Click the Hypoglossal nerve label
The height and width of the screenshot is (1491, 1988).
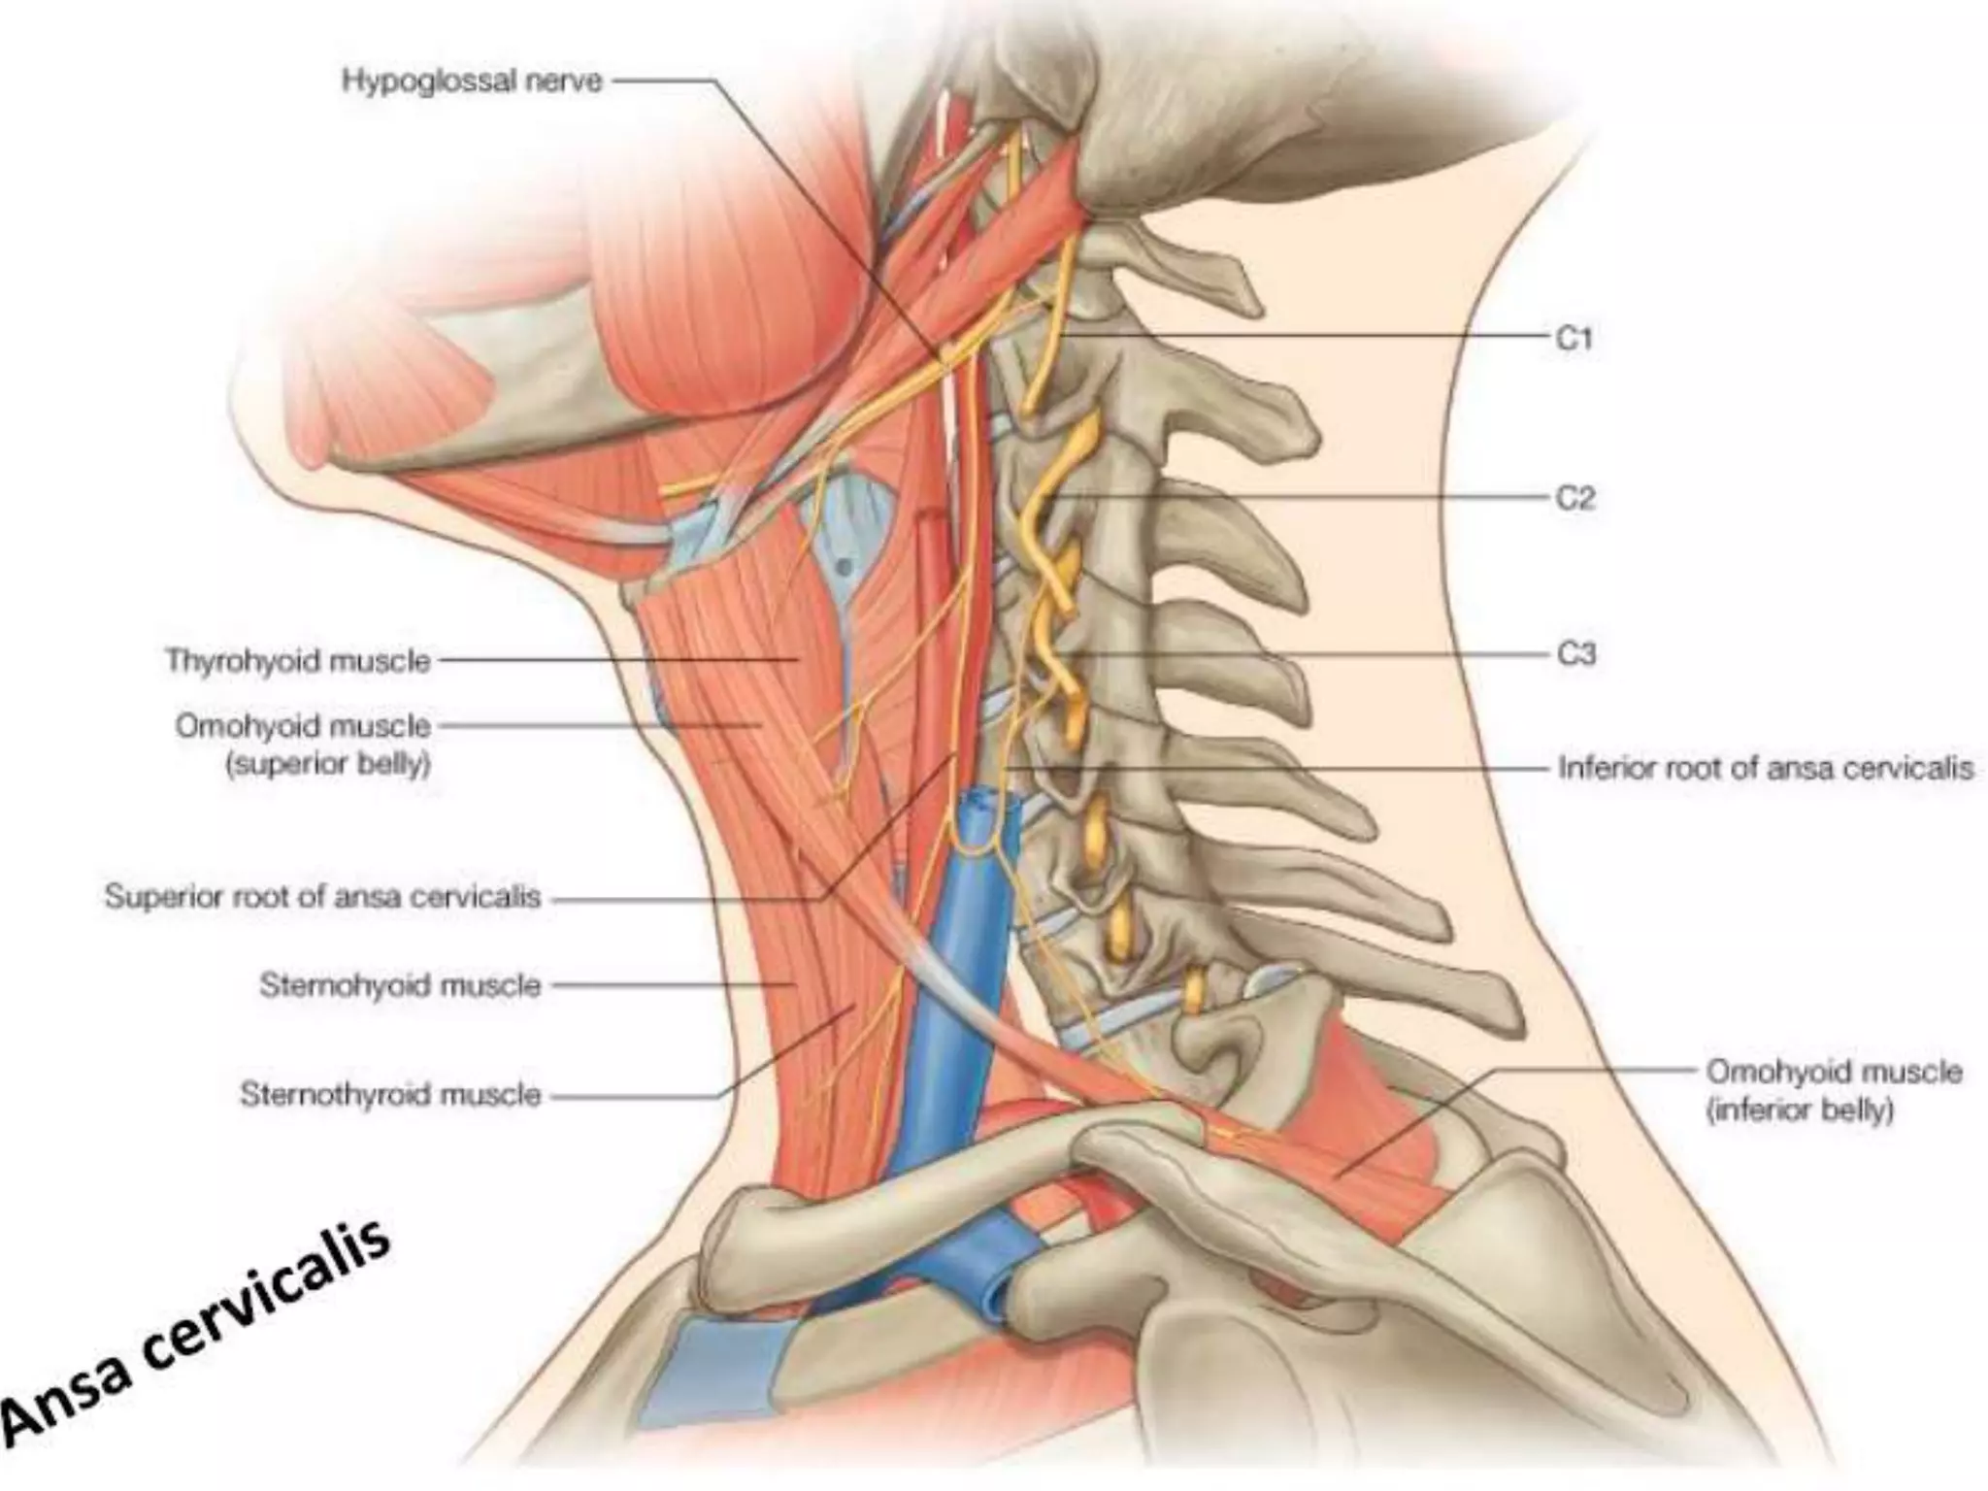tap(472, 81)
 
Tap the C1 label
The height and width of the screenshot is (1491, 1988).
tap(1574, 338)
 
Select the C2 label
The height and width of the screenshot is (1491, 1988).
tap(1574, 498)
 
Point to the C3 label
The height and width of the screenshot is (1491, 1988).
tap(1575, 654)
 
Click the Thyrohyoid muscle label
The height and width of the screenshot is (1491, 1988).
tap(298, 661)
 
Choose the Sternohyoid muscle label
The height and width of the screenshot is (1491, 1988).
tap(400, 985)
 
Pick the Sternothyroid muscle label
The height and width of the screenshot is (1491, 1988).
tap(390, 1095)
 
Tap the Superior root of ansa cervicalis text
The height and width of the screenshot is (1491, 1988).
tap(322, 896)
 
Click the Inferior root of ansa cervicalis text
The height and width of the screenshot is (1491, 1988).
tap(1765, 769)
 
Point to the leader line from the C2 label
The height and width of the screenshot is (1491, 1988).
tap(1310, 497)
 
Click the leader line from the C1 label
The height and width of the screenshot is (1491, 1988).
tap(1310, 337)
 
